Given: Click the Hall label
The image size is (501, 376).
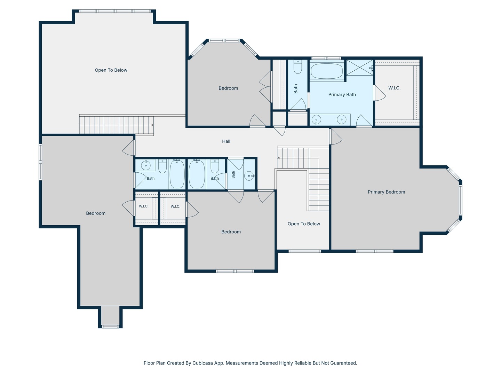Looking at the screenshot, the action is click(226, 141).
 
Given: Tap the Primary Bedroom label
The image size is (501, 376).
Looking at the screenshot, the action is click(386, 192).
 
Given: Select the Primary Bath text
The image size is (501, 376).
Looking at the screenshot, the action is click(342, 94).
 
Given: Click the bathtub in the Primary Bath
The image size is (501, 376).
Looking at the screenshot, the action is click(327, 71).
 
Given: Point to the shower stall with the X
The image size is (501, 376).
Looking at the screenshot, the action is click(359, 68).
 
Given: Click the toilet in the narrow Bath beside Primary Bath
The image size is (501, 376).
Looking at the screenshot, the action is click(297, 67).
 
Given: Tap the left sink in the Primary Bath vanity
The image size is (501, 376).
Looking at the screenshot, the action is click(316, 120).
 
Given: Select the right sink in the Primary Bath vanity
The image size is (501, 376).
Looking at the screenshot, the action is click(341, 120).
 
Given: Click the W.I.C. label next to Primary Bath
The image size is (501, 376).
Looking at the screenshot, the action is click(394, 88).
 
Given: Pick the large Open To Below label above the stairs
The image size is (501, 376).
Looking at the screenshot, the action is click(111, 70).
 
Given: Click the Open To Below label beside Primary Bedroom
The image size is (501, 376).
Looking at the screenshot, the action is click(304, 224).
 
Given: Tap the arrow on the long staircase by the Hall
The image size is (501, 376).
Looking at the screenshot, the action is click(152, 125).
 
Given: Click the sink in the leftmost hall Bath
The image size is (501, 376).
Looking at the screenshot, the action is click(146, 165).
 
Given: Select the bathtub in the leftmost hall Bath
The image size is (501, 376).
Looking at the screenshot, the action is click(177, 174).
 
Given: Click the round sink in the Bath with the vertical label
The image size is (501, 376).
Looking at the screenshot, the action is click(249, 176).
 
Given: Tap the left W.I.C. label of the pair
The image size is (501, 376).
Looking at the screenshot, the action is click(144, 206).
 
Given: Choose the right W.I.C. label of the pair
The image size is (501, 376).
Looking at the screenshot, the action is click(175, 206).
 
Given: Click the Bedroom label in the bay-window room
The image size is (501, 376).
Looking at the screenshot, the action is click(228, 88).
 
